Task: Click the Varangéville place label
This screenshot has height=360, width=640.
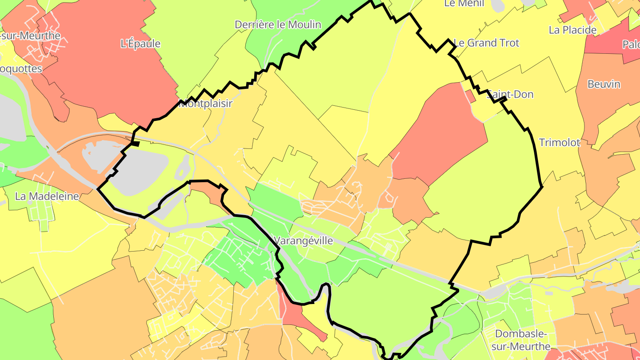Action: point(304,241)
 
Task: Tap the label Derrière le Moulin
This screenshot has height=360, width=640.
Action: point(278,24)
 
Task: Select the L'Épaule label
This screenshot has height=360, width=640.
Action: point(140,44)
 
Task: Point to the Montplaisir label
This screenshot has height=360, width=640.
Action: point(206,104)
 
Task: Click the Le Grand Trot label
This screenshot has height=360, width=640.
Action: point(486,43)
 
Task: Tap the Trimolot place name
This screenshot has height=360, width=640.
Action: point(560,143)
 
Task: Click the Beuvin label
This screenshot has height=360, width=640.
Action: point(604,84)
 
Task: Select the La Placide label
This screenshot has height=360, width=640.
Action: point(572,30)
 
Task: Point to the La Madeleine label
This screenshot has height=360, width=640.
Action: point(47,196)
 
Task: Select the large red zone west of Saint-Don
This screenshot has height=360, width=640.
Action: point(440,133)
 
